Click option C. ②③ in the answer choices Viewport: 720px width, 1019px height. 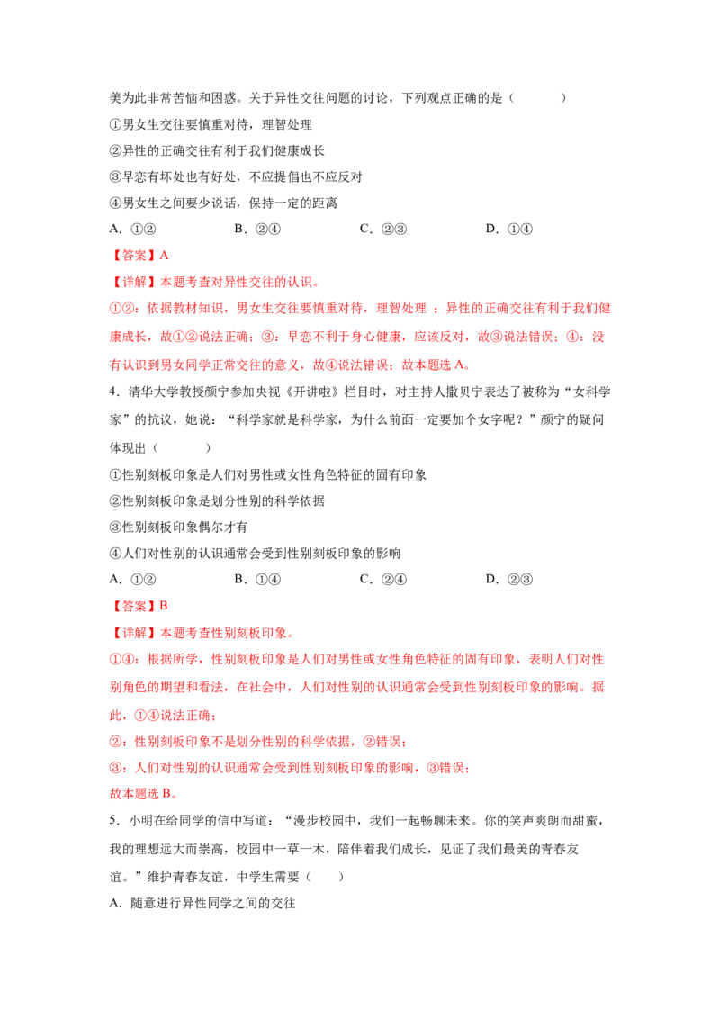382,229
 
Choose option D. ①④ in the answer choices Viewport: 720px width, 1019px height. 508,229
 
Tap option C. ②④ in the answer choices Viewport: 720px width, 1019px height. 382,579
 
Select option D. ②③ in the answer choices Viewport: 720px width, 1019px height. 508,579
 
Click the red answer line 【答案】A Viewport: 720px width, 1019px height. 139,256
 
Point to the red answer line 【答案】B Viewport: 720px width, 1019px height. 139,606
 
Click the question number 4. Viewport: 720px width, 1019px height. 113,392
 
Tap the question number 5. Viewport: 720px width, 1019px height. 113,820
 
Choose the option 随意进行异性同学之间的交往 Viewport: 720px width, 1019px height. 213,903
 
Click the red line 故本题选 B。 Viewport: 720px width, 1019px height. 144,793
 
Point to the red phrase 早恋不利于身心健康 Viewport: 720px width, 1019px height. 345,337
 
